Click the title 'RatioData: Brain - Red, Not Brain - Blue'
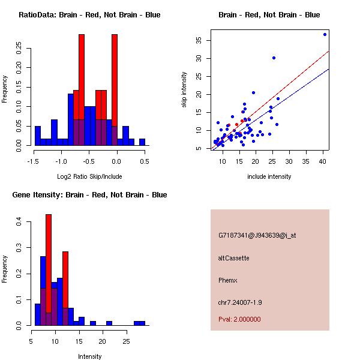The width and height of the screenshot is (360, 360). click(x=89, y=15)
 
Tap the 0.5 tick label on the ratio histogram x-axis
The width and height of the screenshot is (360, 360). click(x=144, y=161)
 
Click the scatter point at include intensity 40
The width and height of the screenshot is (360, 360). click(x=325, y=34)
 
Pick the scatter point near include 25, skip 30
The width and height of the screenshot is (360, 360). click(x=274, y=58)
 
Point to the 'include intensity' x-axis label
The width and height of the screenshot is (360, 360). click(x=269, y=176)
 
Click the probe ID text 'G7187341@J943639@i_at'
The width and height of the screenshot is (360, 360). click(x=257, y=235)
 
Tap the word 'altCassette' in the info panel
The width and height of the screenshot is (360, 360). click(x=233, y=258)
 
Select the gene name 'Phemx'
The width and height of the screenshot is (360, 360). click(x=228, y=280)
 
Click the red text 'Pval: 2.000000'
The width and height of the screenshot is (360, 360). click(x=239, y=319)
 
